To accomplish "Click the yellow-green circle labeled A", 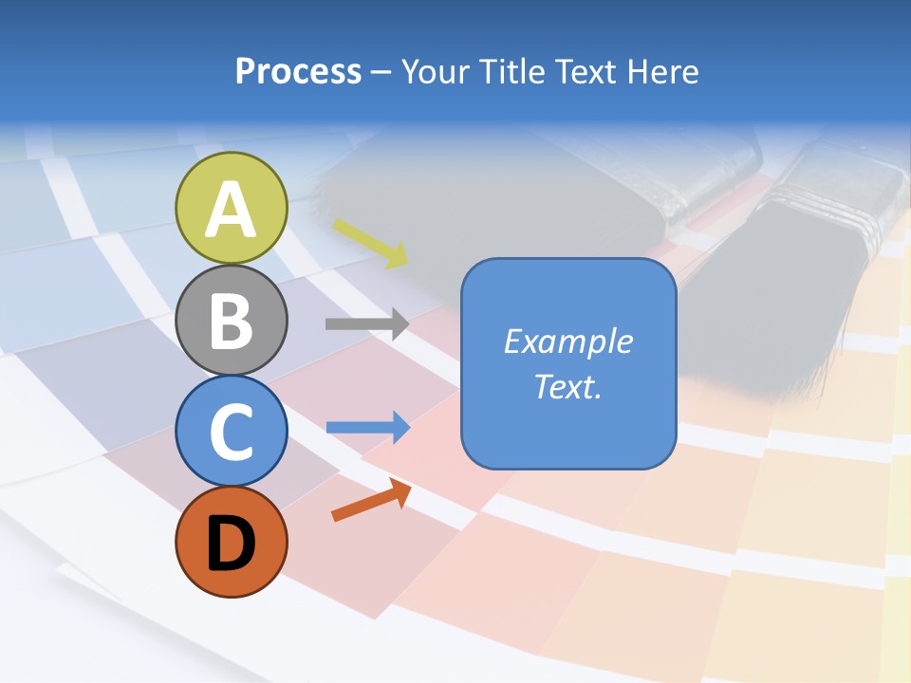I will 232,208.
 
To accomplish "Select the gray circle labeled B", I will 232,320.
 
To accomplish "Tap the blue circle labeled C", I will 232,431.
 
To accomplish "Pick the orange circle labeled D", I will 232,542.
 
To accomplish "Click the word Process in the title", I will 298,72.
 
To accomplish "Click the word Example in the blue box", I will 567,341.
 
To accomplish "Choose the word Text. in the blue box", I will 567,386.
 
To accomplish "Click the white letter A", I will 232,209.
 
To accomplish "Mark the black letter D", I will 232,543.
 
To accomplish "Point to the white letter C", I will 232,432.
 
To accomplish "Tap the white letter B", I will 232,321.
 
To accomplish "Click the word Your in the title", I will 435,72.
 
